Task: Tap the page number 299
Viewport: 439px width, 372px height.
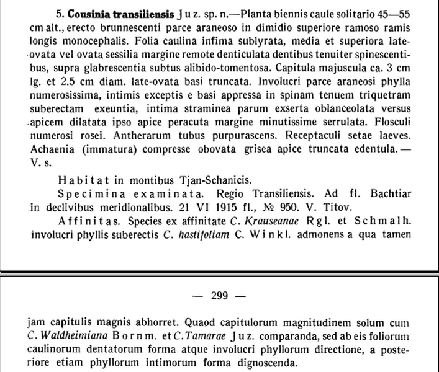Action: coord(220,295)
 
